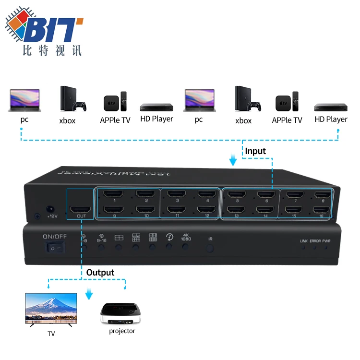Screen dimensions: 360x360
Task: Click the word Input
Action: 255,151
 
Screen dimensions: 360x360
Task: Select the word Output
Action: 100,273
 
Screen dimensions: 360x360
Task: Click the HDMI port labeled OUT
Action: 80,211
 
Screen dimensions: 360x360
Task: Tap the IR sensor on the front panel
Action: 210,249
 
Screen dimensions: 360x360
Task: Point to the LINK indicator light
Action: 303,247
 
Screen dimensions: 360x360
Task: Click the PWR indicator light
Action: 326,247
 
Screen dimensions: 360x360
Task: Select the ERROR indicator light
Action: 315,247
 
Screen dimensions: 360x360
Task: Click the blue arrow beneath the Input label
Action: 233,160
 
